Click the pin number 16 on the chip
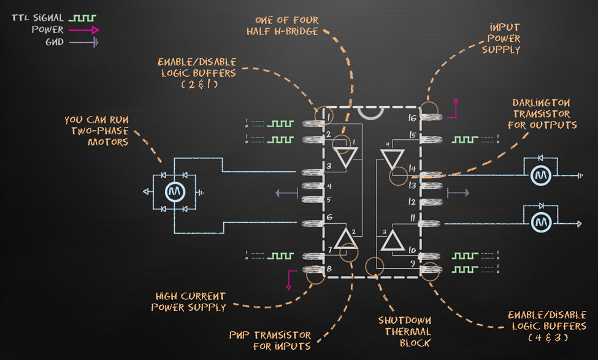pyautogui.click(x=412, y=117)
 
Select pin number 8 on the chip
pyautogui.click(x=329, y=269)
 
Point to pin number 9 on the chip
pyautogui.click(x=413, y=264)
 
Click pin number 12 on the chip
pyautogui.click(x=412, y=201)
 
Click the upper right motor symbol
pyautogui.click(x=542, y=175)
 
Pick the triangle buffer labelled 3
pyautogui.click(x=391, y=240)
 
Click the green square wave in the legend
pyautogui.click(x=82, y=18)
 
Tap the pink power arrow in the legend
pyautogui.click(x=83, y=30)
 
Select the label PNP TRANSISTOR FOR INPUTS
pyautogui.click(x=269, y=341)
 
